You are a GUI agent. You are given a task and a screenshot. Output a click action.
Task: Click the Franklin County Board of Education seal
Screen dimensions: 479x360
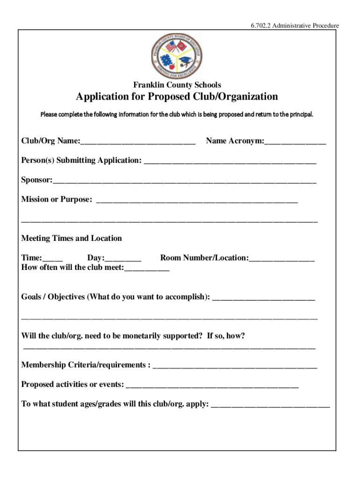click(x=177, y=55)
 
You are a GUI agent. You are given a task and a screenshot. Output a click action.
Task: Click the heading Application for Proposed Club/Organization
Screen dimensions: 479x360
click(x=177, y=97)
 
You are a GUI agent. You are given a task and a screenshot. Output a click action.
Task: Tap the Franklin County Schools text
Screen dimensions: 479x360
click(x=177, y=85)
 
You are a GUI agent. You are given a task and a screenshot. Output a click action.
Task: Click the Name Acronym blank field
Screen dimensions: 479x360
click(x=295, y=141)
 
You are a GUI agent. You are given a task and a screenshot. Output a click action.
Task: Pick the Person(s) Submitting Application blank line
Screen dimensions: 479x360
click(x=230, y=161)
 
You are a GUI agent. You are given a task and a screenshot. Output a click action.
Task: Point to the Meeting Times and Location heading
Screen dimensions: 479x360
click(x=72, y=239)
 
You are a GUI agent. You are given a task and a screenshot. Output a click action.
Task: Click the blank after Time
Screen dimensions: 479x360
click(x=53, y=258)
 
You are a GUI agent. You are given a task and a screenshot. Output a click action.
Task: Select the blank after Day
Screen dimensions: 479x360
click(x=123, y=258)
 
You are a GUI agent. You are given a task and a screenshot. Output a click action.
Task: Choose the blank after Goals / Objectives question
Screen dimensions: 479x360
click(x=264, y=298)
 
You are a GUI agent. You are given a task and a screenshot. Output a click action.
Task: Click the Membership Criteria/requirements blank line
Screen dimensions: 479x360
click(x=235, y=365)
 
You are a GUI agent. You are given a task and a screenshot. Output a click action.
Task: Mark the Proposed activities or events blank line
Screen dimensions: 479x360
click(x=212, y=385)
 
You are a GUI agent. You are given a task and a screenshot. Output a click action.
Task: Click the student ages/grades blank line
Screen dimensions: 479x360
click(x=271, y=405)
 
